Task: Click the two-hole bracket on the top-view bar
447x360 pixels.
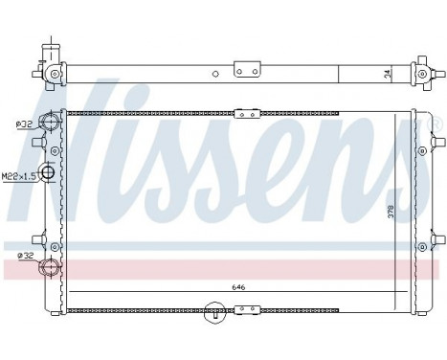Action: [x=247, y=68]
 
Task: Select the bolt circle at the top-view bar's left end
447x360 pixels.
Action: [x=55, y=73]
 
